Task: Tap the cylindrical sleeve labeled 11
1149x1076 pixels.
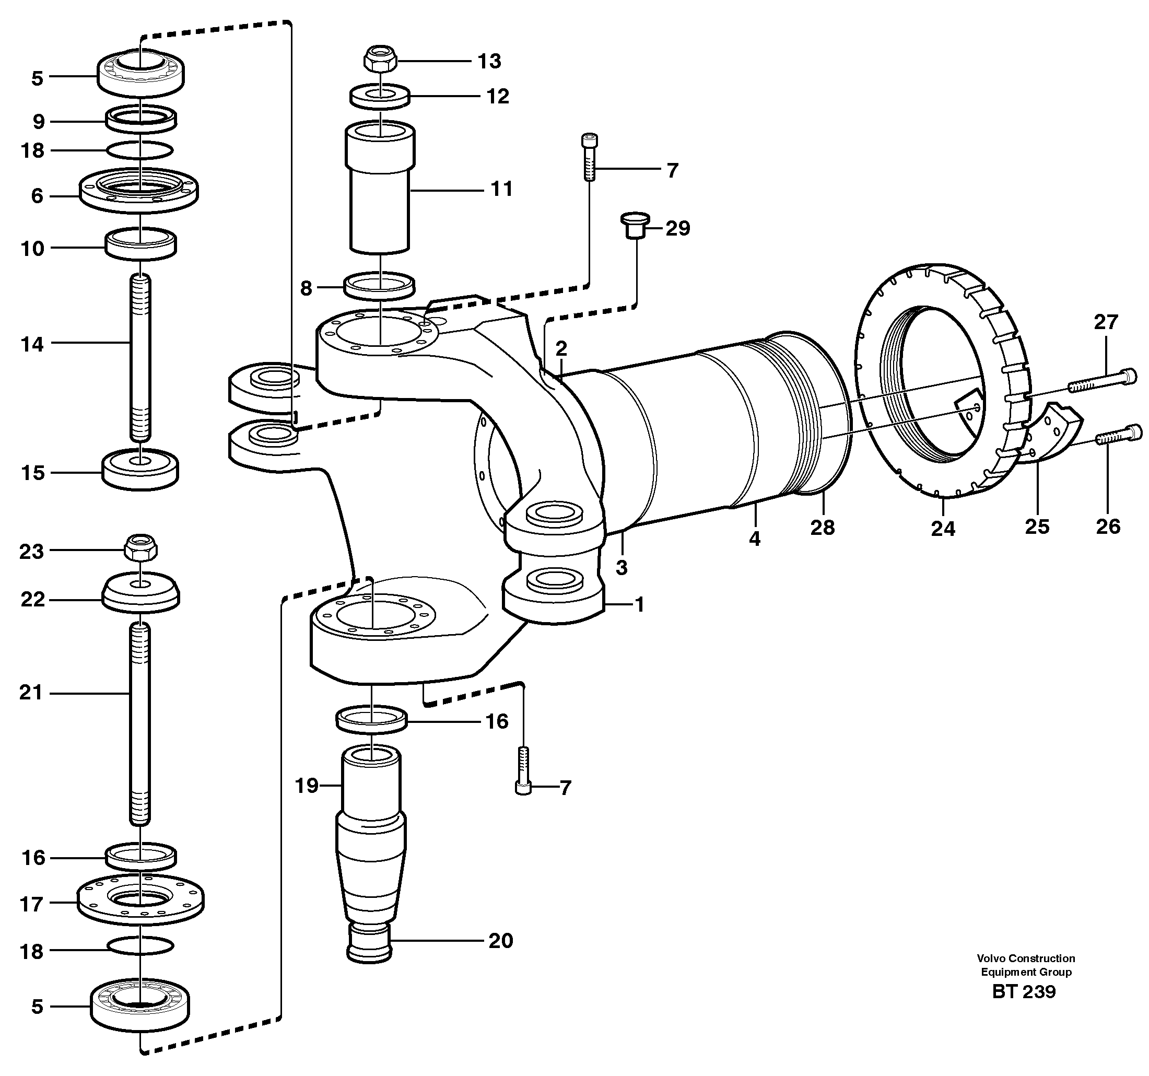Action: click(x=380, y=188)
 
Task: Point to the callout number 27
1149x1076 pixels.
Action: click(x=1106, y=322)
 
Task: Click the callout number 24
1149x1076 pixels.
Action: click(x=943, y=529)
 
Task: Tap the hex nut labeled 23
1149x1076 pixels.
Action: click(x=140, y=547)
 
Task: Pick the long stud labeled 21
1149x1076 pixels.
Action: click(x=139, y=723)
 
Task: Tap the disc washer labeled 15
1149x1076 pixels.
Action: click(x=140, y=468)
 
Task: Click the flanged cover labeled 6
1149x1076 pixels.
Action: click(x=139, y=191)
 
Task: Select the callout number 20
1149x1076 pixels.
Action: click(x=500, y=941)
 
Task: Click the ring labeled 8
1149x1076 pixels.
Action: click(x=380, y=286)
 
